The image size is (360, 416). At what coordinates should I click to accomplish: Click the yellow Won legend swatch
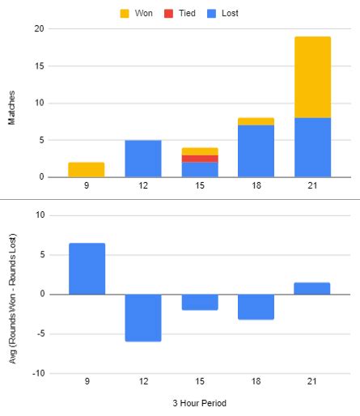click(x=124, y=14)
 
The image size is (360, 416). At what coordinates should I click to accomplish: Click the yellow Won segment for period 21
click(x=312, y=77)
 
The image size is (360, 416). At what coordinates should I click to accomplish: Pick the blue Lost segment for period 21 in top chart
click(x=312, y=147)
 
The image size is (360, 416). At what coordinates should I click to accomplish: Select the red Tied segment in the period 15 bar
click(x=199, y=159)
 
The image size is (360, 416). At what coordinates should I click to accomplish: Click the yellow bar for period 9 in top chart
click(x=87, y=170)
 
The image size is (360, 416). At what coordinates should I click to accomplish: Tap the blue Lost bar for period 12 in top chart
click(x=143, y=159)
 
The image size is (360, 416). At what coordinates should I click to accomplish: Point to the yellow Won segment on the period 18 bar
click(x=256, y=121)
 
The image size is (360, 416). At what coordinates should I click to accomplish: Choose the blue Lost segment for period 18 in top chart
click(x=256, y=151)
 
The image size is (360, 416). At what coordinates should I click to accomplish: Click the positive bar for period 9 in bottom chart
click(x=87, y=269)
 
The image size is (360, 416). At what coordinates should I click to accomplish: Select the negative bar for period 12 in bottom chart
click(x=143, y=317)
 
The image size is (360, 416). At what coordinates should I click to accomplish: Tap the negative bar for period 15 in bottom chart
click(x=199, y=302)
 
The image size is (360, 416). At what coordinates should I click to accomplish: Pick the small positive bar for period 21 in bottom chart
click(x=312, y=288)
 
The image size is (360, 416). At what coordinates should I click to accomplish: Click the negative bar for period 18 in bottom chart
click(x=256, y=307)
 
